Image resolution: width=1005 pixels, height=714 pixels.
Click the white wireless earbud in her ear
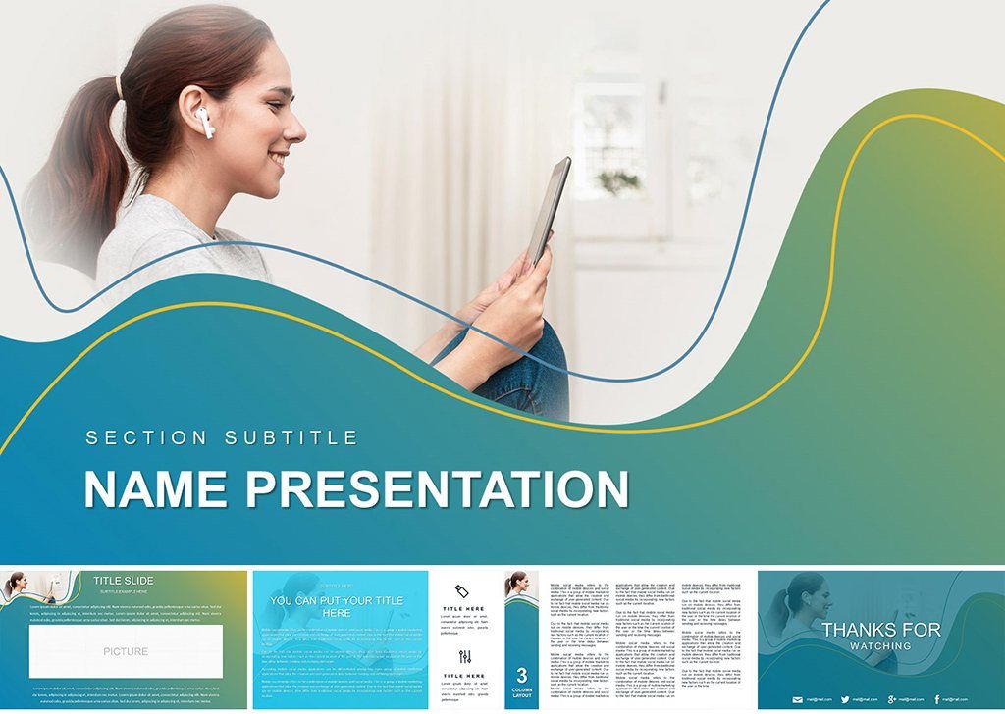(204, 121)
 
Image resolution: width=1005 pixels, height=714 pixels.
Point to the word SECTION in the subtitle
(147, 437)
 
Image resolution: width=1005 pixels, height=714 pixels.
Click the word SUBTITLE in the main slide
(291, 437)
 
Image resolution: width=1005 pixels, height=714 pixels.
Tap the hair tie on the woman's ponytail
(120, 86)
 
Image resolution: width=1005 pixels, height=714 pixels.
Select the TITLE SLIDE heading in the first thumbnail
(124, 581)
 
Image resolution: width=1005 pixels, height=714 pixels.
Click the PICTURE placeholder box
(126, 651)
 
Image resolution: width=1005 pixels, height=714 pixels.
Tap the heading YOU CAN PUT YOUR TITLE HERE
(337, 606)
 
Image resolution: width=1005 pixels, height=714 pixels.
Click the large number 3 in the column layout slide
(521, 675)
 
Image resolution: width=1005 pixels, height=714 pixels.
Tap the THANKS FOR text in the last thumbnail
(880, 630)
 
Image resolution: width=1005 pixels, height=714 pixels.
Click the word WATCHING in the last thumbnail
(880, 646)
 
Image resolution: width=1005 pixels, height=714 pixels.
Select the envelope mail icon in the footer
(798, 699)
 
